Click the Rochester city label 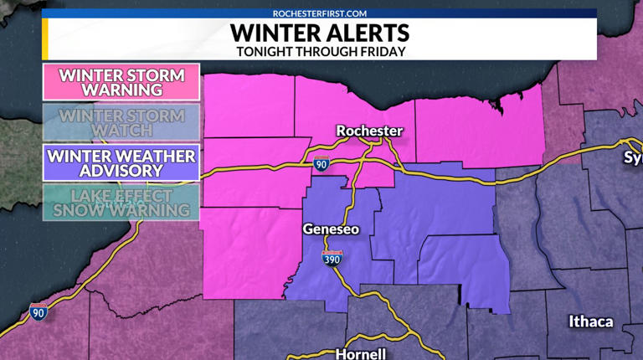(369, 131)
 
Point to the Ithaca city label (590, 321)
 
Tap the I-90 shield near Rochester (321, 164)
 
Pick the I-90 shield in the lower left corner (38, 312)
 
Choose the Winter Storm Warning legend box (121, 82)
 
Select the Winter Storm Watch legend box (121, 122)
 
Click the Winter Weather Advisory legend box (121, 163)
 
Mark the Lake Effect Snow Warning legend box (121, 203)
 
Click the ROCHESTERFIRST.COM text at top (321, 13)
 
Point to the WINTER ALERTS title (321, 33)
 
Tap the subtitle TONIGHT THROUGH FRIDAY (321, 51)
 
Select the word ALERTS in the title (367, 33)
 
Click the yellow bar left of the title (45, 39)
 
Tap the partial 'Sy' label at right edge (632, 157)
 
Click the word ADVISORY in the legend (121, 171)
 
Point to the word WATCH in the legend (121, 131)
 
